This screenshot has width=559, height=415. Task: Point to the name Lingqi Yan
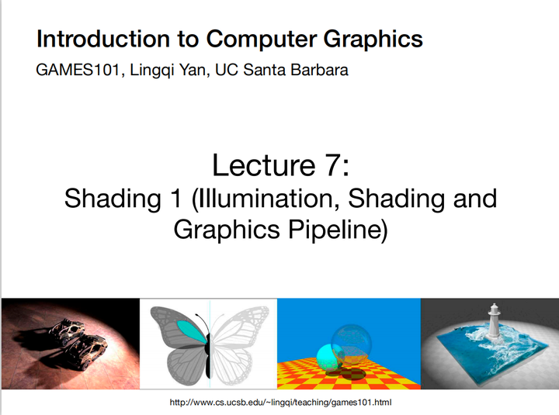[168, 71]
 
